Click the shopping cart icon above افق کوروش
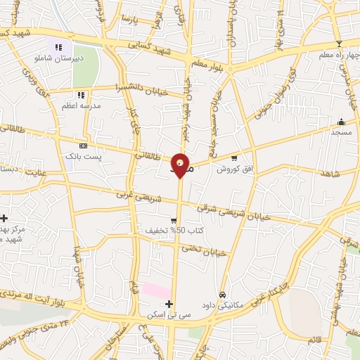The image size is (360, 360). pos(234,157)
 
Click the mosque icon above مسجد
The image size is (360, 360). pos(342,121)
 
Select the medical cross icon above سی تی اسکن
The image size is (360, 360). pos(168,303)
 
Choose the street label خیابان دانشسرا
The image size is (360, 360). pos(146,89)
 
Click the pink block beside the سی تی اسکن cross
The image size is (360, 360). pos(156,290)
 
